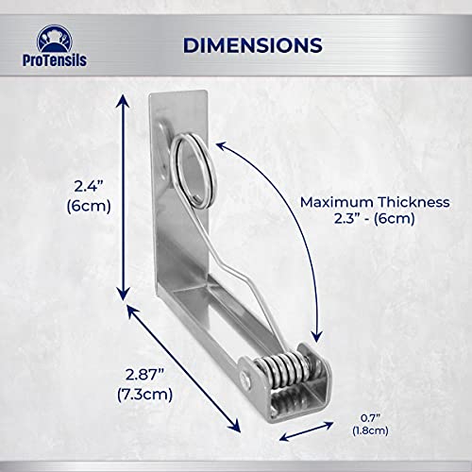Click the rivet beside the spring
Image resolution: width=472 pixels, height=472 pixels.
tap(247, 381)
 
